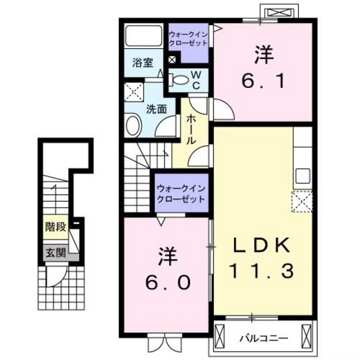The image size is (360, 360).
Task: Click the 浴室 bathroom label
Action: click(143, 63)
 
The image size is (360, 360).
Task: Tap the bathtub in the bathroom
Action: click(143, 36)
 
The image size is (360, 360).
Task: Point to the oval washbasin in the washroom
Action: click(134, 123)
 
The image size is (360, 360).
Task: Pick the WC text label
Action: click(197, 80)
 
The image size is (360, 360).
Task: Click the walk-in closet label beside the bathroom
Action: click(188, 38)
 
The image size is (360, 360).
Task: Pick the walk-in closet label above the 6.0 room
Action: click(181, 194)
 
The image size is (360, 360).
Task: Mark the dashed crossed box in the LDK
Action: click(301, 202)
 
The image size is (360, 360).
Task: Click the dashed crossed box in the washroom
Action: click(134, 92)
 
